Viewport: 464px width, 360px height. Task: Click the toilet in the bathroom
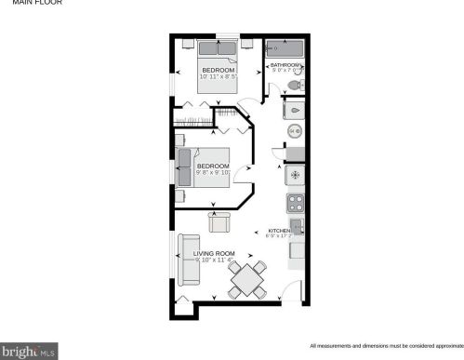coord(294,85)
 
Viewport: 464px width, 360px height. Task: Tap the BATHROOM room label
coord(286,64)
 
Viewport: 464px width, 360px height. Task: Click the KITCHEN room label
coord(280,231)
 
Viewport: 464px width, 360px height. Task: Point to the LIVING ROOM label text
coord(213,253)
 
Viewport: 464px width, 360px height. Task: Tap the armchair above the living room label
coord(220,222)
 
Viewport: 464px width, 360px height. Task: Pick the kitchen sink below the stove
coord(297,226)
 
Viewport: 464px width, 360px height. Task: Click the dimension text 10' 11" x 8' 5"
coord(219,76)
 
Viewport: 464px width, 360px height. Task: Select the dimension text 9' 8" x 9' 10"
coord(212,173)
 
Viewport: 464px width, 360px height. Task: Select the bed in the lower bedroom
coord(209,167)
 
